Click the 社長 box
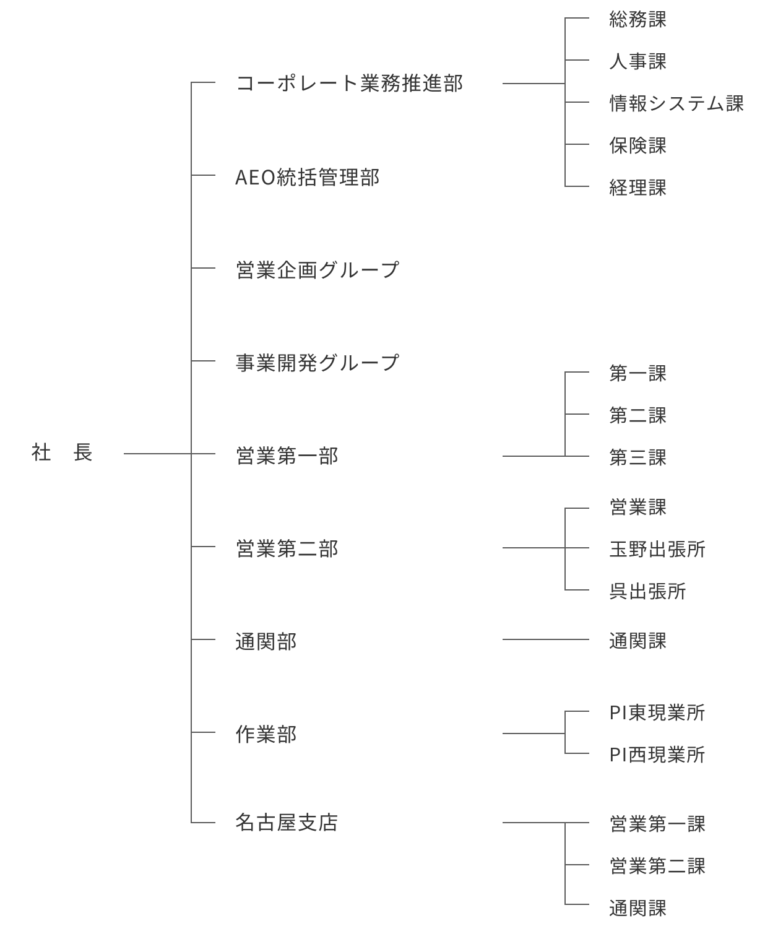tap(62, 451)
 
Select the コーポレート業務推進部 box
tap(358, 82)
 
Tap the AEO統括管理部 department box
tap(358, 176)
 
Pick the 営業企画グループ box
tap(358, 269)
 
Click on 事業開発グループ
tap(358, 362)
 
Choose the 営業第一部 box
tap(358, 455)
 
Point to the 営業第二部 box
tap(358, 548)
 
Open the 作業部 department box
tap(358, 733)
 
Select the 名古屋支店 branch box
tap(358, 821)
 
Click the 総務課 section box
tap(676, 19)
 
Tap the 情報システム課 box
tap(676, 103)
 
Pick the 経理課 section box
tap(676, 187)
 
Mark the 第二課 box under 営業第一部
tap(676, 415)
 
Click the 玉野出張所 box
tap(676, 548)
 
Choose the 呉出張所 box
tap(676, 591)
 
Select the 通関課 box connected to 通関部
tap(676, 640)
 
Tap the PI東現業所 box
tap(676, 712)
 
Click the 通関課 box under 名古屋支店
tap(676, 907)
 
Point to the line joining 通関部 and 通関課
tap(545, 639)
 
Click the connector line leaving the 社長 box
tap(157, 454)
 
